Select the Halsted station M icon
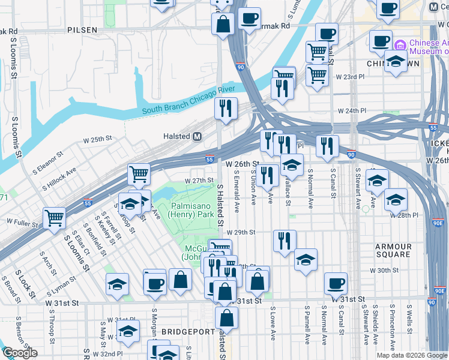pos(197,137)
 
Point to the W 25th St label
pos(98,139)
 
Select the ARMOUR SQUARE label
pos(393,250)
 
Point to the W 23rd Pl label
pos(350,77)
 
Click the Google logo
pos(20,353)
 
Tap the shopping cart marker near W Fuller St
pos(54,218)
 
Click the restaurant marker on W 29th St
pos(284,240)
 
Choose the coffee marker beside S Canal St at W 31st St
pos(336,283)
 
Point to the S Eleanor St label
pos(48,163)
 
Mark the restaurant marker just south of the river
pos(226,109)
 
